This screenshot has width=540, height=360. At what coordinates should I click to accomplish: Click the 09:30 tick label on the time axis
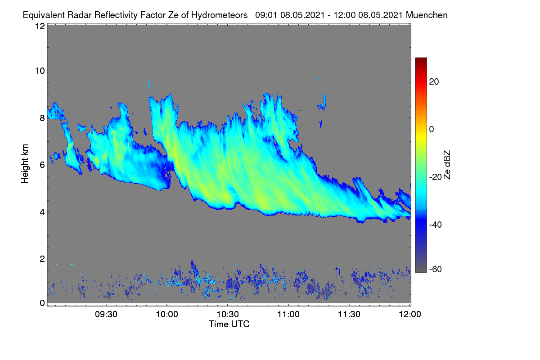[x=106, y=314]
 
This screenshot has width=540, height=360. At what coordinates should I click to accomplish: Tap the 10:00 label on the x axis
[x=167, y=314]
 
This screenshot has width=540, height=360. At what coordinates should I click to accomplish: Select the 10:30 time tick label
[x=228, y=314]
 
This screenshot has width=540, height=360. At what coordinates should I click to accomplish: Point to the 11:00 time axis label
[x=288, y=314]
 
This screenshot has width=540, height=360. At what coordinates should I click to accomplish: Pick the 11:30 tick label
[x=349, y=314]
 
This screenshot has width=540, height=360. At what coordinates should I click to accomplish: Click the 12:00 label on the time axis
[x=410, y=314]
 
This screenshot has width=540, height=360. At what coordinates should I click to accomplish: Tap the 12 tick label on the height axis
[x=40, y=26]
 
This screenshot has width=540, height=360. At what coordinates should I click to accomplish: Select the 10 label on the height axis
[x=40, y=71]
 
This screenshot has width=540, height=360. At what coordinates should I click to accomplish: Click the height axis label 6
[x=42, y=165]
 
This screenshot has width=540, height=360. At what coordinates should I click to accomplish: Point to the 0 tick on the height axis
[x=42, y=303]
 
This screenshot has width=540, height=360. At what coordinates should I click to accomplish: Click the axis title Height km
[x=25, y=164]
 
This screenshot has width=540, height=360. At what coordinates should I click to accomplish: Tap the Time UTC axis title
[x=229, y=324]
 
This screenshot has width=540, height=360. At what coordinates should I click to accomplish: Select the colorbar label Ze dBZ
[x=447, y=165]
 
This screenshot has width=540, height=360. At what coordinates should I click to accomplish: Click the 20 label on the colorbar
[x=434, y=82]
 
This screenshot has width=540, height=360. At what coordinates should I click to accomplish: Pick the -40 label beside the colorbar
[x=436, y=225]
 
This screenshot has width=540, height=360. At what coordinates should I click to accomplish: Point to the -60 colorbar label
[x=436, y=269]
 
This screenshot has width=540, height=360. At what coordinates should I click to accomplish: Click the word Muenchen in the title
[x=427, y=15]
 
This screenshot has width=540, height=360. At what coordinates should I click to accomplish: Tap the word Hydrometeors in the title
[x=219, y=16]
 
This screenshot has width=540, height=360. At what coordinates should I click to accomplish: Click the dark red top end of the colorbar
[x=421, y=58]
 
